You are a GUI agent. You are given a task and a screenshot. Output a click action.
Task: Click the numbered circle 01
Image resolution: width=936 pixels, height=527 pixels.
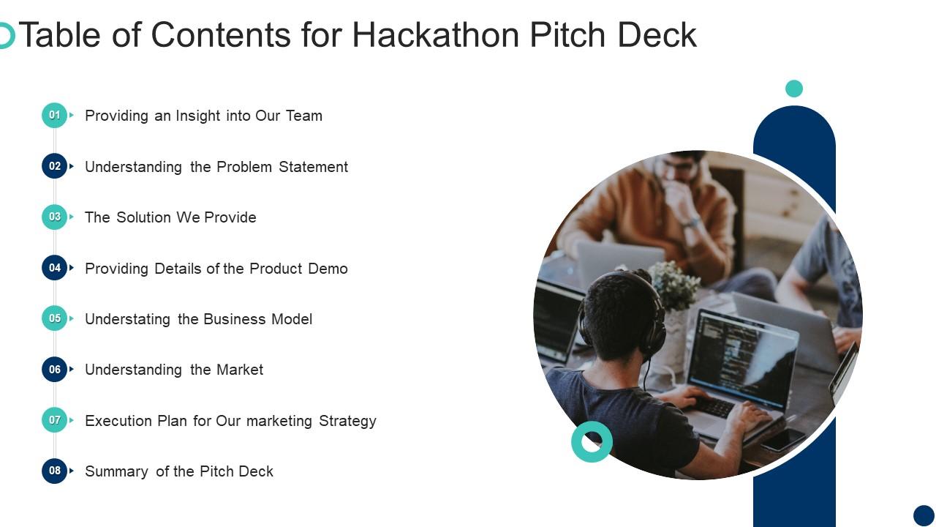[55, 115]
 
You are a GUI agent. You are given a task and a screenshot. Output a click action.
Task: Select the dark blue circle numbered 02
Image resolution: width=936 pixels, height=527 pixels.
[55, 166]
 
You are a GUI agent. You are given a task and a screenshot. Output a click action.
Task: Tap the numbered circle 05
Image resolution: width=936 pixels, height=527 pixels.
[55, 318]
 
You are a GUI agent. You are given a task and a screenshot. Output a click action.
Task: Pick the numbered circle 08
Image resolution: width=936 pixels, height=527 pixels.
[55, 471]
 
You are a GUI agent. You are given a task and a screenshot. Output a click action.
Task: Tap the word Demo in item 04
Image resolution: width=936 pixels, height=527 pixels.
[328, 269]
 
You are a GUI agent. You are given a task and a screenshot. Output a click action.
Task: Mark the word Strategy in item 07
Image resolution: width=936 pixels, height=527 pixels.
[347, 421]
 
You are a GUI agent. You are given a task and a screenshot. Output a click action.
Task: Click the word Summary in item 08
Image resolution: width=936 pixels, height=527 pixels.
[117, 471]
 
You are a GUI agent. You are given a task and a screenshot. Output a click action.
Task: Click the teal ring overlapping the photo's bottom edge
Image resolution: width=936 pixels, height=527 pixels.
[592, 441]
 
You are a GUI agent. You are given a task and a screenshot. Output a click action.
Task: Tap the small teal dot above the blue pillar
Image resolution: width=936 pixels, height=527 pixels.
[794, 89]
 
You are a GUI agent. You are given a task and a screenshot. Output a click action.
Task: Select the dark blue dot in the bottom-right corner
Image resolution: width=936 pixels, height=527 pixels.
[924, 515]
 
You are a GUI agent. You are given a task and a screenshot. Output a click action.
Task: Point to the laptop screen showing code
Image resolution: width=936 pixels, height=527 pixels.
[742, 359]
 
